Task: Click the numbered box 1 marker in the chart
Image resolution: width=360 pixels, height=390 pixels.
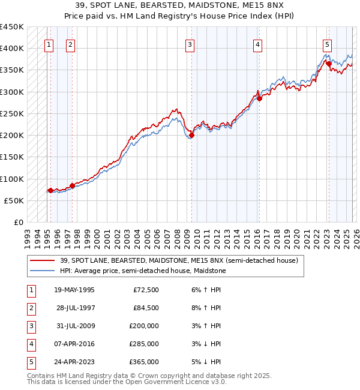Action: tap(49, 44)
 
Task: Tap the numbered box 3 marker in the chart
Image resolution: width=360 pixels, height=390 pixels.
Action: tap(190, 44)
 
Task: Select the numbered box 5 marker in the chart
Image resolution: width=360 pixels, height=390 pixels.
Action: tap(327, 44)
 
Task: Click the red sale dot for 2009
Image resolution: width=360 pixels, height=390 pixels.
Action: tap(191, 136)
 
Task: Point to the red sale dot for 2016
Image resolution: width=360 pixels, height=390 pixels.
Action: tap(259, 98)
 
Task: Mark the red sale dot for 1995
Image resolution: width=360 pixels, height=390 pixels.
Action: tap(50, 191)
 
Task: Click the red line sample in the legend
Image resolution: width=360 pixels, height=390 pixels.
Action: tap(43, 260)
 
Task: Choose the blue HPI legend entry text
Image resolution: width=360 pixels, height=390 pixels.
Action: tap(143, 271)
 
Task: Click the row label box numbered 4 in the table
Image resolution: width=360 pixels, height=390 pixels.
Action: tap(30, 344)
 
